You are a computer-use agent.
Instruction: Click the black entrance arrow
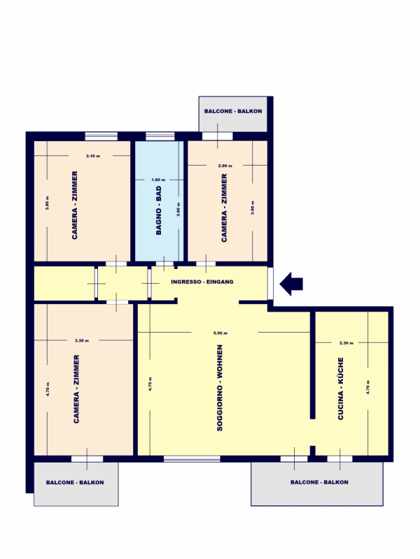click(291, 284)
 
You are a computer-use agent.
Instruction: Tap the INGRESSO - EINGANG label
click(202, 282)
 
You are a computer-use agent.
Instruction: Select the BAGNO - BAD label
click(159, 210)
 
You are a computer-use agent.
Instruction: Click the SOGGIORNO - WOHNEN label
click(220, 388)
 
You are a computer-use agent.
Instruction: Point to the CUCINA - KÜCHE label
click(340, 389)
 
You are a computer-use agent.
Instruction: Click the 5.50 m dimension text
click(220, 333)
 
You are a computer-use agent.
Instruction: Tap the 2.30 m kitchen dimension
click(346, 343)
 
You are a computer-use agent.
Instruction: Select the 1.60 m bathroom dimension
click(158, 180)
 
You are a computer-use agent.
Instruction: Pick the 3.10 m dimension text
click(93, 156)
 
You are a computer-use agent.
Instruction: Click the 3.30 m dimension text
click(82, 340)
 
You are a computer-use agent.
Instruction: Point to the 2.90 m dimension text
click(225, 166)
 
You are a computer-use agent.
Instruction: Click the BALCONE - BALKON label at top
click(233, 111)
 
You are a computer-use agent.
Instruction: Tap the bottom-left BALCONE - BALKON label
click(75, 482)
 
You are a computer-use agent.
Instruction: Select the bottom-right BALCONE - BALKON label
click(319, 482)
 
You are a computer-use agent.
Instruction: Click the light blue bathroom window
click(160, 136)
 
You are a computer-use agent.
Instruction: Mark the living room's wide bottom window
click(192, 459)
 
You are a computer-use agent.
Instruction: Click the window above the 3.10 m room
click(101, 136)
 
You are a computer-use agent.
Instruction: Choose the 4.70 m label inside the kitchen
click(368, 387)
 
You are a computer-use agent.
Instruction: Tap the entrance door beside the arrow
click(270, 284)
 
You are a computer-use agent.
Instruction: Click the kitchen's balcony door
click(339, 459)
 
